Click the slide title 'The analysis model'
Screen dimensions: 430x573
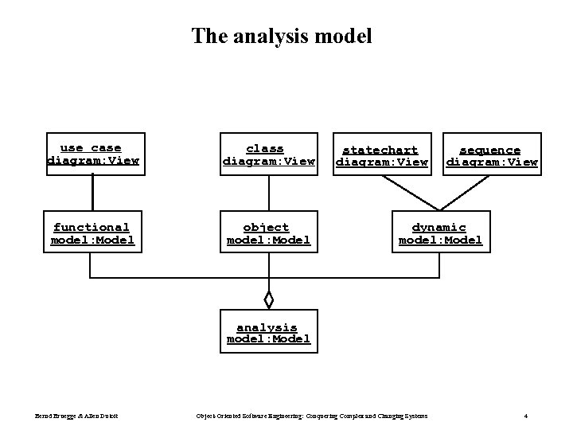281,36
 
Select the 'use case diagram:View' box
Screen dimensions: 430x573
93,154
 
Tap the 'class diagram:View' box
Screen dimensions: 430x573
268,154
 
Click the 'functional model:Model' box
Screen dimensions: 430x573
93,233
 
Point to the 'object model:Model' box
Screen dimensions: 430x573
268,233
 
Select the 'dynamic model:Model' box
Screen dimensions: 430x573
439,233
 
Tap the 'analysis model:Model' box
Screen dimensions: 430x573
268,333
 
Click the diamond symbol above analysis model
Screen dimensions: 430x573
269,300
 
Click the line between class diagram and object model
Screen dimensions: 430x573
269,193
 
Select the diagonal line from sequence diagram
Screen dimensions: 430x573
465,193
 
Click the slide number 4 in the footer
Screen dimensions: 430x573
526,416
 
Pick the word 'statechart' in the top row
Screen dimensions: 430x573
380,150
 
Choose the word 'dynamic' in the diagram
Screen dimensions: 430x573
439,228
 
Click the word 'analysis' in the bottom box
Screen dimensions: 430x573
267,327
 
